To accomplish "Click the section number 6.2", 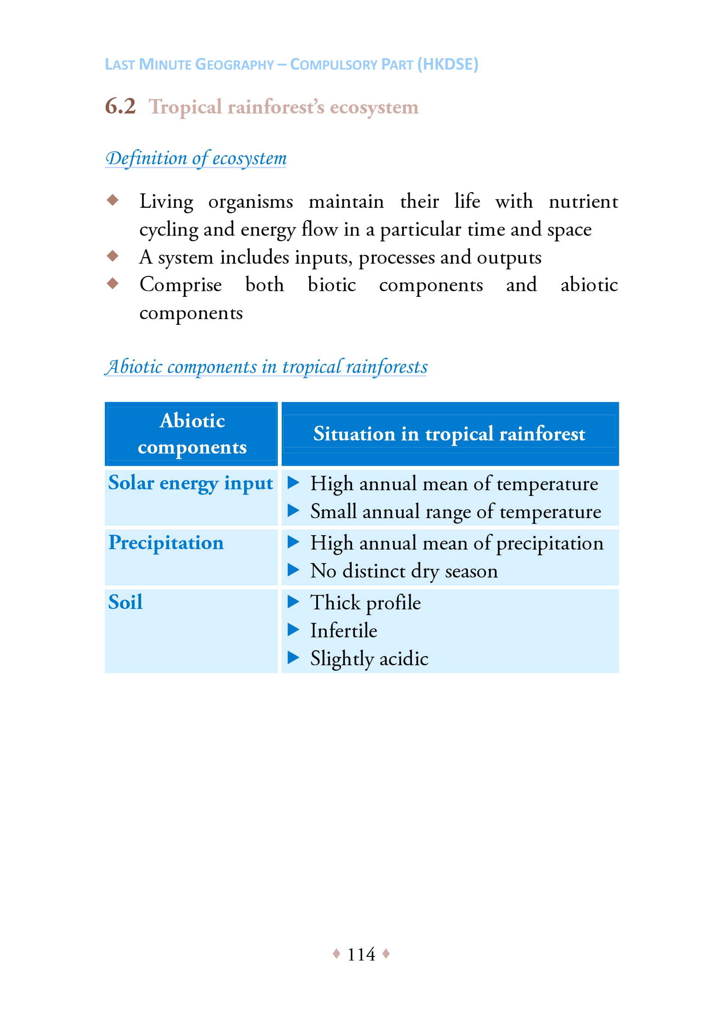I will click(120, 107).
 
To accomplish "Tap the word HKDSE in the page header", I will click(448, 65).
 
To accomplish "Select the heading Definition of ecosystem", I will click(196, 159).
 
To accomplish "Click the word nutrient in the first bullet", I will click(583, 201).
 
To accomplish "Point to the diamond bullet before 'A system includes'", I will click(113, 256).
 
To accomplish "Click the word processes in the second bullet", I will click(396, 258).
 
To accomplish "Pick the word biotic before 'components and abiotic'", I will click(332, 285).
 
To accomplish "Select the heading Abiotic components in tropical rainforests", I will click(266, 367).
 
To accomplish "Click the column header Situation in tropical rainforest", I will click(449, 433).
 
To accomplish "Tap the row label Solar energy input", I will click(190, 483).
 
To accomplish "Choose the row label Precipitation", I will click(166, 543).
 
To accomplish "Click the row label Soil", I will click(125, 602).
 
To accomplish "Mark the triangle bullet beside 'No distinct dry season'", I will click(293, 570).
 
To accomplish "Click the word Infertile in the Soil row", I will click(343, 631).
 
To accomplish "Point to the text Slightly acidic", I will click(369, 659).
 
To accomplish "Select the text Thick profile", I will click(365, 603).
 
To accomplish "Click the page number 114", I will click(361, 954).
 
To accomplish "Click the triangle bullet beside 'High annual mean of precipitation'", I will click(293, 542).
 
